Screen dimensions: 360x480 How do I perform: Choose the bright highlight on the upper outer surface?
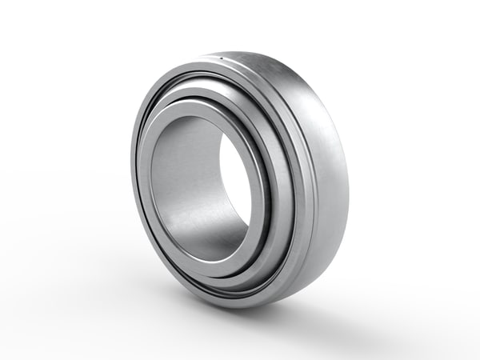pyautogui.click(x=272, y=72)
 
